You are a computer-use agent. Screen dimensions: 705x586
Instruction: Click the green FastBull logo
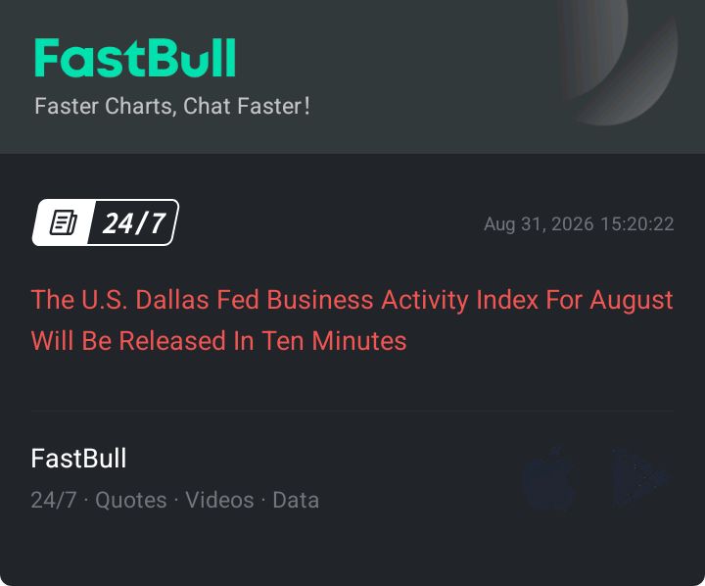pos(135,58)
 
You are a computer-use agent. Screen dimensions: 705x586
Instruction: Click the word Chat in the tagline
pos(207,106)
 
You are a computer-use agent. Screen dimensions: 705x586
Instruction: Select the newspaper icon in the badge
pos(64,222)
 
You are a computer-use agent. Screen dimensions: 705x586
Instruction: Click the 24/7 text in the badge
pos(133,222)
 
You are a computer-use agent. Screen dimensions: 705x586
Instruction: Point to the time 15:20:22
pos(637,224)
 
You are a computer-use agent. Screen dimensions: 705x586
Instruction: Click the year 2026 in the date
pos(573,224)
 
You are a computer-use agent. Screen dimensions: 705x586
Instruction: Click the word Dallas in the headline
pos(172,299)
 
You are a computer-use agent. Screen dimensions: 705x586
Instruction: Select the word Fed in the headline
pos(238,299)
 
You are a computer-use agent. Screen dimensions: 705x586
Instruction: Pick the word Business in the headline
pos(320,299)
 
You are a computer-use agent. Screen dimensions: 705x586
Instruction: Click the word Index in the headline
pos(507,299)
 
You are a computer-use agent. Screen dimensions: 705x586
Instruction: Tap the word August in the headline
pos(632,301)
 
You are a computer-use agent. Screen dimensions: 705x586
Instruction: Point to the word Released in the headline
pos(172,340)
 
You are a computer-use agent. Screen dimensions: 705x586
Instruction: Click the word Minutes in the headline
pos(358,340)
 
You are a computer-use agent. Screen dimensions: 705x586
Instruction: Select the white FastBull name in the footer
pos(78,459)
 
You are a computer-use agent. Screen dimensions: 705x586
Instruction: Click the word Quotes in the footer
pos(131,500)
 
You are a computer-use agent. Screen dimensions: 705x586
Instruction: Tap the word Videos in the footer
pos(219,500)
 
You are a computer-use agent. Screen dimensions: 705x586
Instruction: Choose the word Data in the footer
pos(296,500)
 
